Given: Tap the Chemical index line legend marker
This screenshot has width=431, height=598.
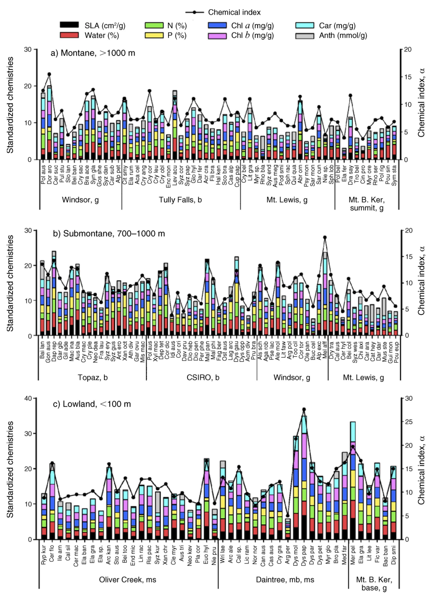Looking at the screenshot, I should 194,12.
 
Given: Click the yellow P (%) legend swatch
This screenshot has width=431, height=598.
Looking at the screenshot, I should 154,35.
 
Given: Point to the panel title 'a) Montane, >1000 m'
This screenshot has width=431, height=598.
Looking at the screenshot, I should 93,53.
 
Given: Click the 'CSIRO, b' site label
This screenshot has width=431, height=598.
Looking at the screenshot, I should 203,378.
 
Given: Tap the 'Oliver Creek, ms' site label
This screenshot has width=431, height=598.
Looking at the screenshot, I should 127,580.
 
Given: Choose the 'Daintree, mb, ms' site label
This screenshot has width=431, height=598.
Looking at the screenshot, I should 285,580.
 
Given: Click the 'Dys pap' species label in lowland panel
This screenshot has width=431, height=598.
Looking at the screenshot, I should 304,556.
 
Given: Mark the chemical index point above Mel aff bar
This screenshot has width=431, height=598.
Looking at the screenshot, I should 325,237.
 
